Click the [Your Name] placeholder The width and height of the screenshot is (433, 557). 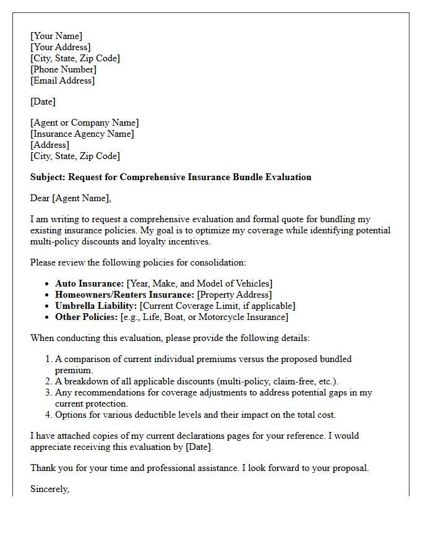(56, 36)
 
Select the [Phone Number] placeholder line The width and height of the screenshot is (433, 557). (63, 69)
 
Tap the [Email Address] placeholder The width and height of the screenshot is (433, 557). (62, 80)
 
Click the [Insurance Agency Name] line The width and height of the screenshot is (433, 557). (82, 134)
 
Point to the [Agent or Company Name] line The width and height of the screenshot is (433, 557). (85, 123)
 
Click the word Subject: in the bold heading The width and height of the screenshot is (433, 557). (48, 177)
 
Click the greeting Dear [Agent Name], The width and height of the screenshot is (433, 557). (71, 198)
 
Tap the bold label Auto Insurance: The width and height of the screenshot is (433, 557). (90, 283)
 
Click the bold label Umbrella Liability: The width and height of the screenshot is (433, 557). (96, 306)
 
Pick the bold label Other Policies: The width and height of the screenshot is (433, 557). (86, 317)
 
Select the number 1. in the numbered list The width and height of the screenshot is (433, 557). (49, 359)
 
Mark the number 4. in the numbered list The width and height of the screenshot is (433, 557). (49, 415)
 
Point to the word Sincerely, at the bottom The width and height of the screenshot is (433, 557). (50, 489)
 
